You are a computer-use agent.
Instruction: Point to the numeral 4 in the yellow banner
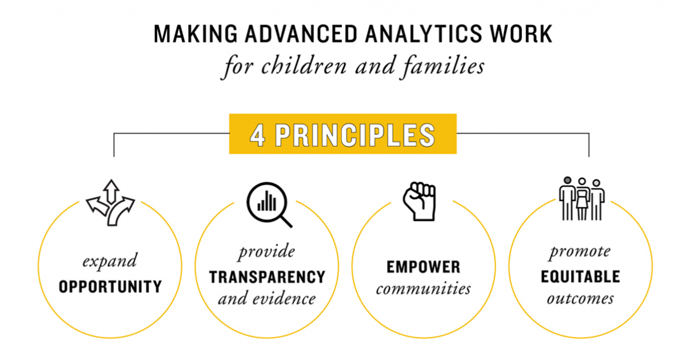click(x=258, y=135)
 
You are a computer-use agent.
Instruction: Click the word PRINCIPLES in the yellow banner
click(x=354, y=135)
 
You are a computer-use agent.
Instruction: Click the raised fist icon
click(x=419, y=201)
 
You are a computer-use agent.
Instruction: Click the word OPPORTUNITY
click(x=110, y=286)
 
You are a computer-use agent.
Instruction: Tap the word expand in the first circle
click(x=110, y=262)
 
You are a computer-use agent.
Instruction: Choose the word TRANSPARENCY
click(x=267, y=277)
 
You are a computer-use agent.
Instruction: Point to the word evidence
click(x=282, y=299)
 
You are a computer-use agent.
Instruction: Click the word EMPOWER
click(x=423, y=267)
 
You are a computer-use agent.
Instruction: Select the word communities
click(x=423, y=289)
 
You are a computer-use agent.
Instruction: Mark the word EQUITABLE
click(x=580, y=277)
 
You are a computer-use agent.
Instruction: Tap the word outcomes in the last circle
click(x=580, y=299)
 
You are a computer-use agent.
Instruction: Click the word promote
click(x=580, y=252)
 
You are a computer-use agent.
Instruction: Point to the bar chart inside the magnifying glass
click(x=265, y=201)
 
